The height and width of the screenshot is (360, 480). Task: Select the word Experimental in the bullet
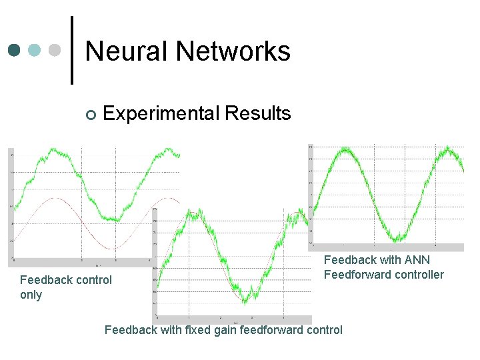(161, 114)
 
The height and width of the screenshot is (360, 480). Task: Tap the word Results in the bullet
(257, 114)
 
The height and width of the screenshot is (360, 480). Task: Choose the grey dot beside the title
(55, 51)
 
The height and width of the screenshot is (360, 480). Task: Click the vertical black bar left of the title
(72, 50)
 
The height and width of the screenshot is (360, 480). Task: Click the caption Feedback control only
(66, 287)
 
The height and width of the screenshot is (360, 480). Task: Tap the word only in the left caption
(31, 295)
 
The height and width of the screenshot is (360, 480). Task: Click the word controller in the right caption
(419, 275)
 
